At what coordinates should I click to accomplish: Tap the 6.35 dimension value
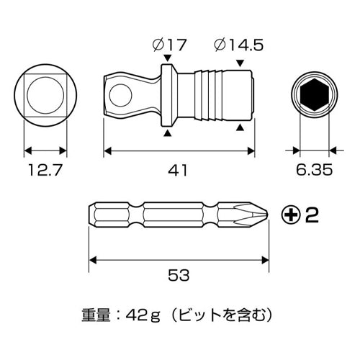[x=313, y=171]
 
